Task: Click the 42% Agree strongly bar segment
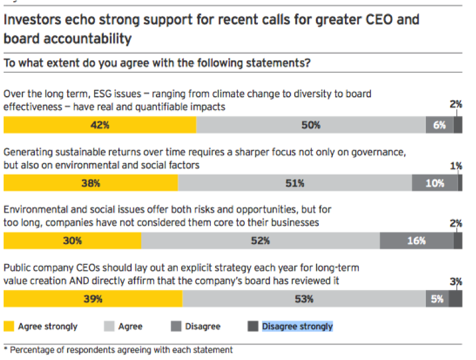pyautogui.click(x=100, y=125)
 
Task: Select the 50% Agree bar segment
pyautogui.click(x=311, y=125)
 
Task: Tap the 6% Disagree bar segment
pyautogui.click(x=439, y=125)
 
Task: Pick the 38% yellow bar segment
pyautogui.click(x=91, y=183)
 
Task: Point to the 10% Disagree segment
pyautogui.click(x=434, y=183)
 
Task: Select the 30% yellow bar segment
pyautogui.click(x=72, y=240)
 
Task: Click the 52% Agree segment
pyautogui.click(x=260, y=240)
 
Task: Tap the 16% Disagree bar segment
pyautogui.click(x=416, y=240)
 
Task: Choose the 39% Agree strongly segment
pyautogui.click(x=93, y=298)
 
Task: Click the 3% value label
pyautogui.click(x=456, y=281)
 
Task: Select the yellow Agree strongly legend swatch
pyautogui.click(x=9, y=326)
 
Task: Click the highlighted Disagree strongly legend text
pyautogui.click(x=297, y=326)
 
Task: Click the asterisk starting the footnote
pyautogui.click(x=5, y=349)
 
